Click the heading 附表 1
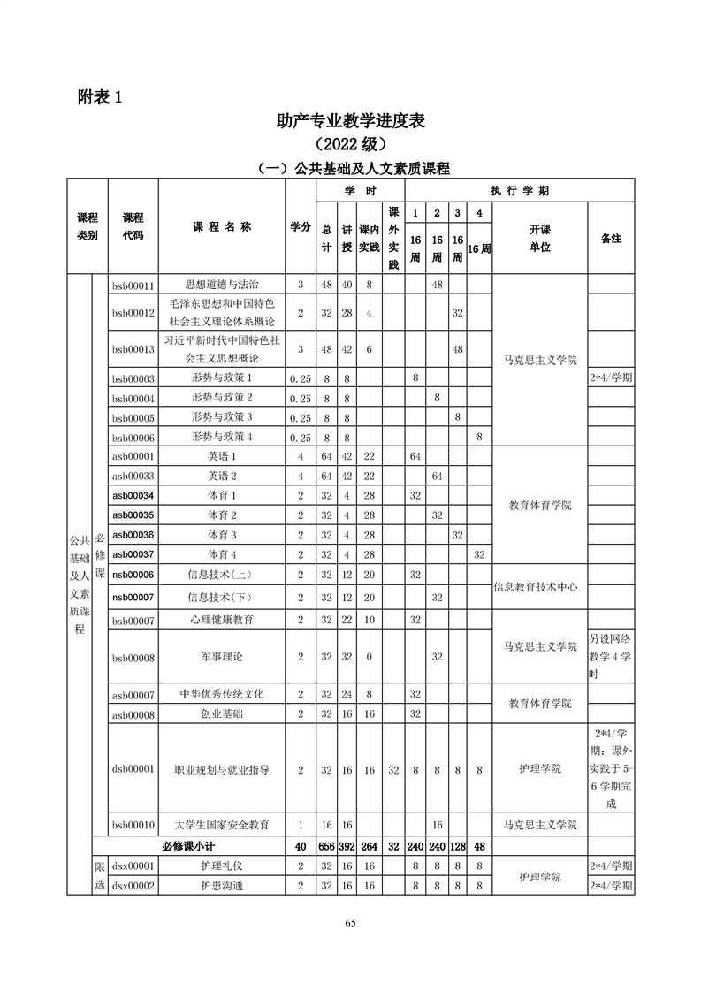coord(100,98)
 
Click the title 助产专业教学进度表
coord(350,121)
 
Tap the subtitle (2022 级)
coord(350,144)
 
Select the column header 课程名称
coord(222,227)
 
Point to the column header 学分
coord(301,227)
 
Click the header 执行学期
coord(520,191)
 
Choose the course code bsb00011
coord(133,285)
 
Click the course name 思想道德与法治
coord(222,285)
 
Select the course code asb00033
coord(133,477)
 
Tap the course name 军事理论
coord(222,657)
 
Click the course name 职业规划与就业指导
coord(222,770)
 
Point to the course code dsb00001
coord(133,770)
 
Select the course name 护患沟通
coord(222,886)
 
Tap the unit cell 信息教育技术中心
coord(540,588)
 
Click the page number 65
coord(350,923)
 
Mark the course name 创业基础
coord(222,713)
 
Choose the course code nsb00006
coord(133,575)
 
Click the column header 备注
coord(611,239)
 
